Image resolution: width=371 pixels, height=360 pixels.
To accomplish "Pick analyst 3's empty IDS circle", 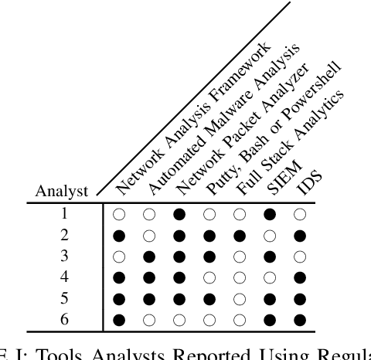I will pos(301,254).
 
